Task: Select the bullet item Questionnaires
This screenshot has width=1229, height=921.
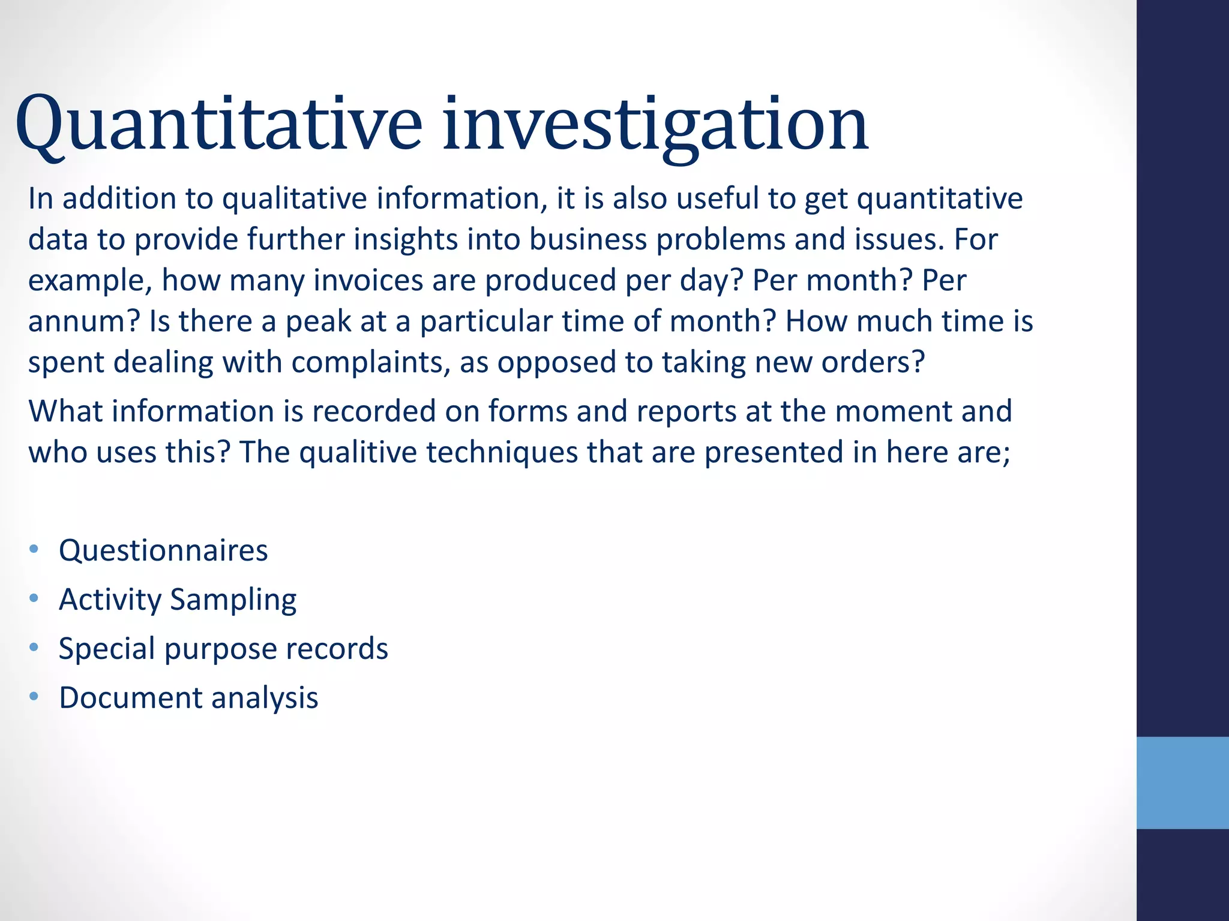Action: click(x=163, y=550)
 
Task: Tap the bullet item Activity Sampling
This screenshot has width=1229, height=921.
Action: click(x=178, y=600)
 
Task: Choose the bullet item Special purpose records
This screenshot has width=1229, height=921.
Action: click(x=223, y=649)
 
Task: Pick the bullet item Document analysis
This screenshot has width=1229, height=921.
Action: click(x=188, y=698)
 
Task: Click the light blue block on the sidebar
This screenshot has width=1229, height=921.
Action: click(x=1182, y=782)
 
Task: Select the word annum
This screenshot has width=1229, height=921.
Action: click(x=83, y=322)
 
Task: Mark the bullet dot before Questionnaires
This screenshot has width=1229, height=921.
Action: click(x=34, y=549)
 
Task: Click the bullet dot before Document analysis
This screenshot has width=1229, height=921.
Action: click(x=34, y=697)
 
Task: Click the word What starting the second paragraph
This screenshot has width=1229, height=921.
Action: click(x=65, y=412)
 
